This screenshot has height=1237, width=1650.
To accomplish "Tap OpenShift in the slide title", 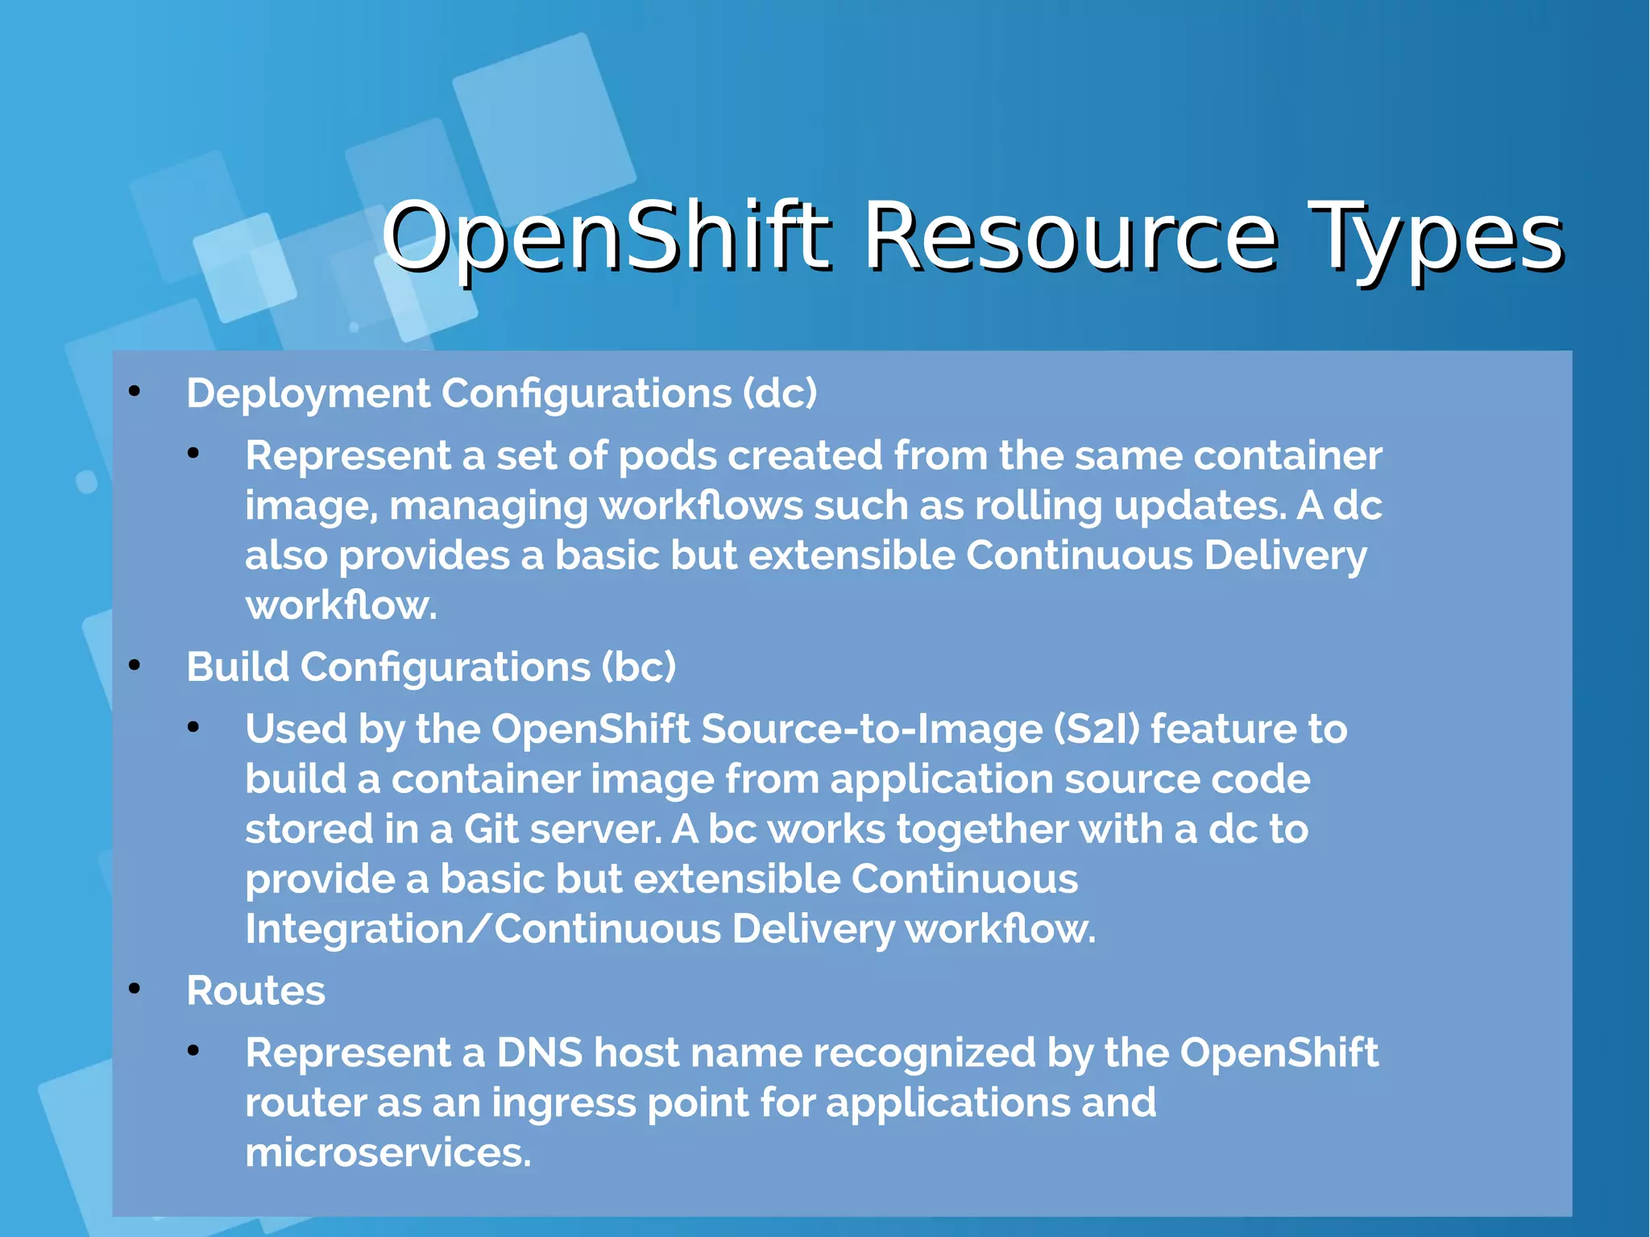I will [x=606, y=237].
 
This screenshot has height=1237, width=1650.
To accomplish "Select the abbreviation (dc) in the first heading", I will [x=779, y=393].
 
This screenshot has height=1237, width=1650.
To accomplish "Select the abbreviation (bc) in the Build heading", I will [x=638, y=667].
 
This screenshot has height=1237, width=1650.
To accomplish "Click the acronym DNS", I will [x=539, y=1052].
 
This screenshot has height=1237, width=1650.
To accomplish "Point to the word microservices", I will [x=388, y=1152].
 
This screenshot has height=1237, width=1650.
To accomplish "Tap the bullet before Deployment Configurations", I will [x=135, y=392].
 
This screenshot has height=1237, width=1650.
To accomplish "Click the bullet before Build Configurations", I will [x=135, y=666].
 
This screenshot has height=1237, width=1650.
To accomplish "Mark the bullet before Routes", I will [x=135, y=989].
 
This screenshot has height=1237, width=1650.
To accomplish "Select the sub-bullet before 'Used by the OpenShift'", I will [x=193, y=728].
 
